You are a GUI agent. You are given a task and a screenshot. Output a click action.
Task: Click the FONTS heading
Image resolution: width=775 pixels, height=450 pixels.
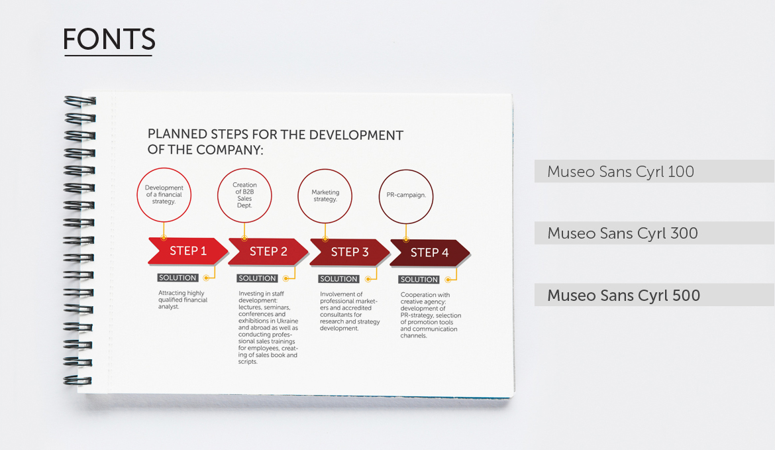(x=109, y=39)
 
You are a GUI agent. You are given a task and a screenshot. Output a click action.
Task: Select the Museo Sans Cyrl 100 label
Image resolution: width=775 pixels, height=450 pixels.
(x=620, y=172)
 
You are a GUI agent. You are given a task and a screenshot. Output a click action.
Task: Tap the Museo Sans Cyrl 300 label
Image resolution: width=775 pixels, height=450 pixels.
(x=622, y=233)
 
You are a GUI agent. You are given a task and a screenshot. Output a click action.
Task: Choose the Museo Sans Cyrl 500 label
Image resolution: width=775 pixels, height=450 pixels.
(x=623, y=295)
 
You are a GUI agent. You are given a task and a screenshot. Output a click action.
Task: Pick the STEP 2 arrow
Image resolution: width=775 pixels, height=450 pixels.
(x=268, y=252)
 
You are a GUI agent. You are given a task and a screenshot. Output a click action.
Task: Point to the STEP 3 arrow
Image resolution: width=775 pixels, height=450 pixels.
(x=350, y=253)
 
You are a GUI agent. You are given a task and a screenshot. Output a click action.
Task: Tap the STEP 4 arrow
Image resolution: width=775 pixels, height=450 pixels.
(x=429, y=253)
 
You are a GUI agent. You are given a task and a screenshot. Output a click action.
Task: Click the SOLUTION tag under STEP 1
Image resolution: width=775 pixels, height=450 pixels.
(x=178, y=278)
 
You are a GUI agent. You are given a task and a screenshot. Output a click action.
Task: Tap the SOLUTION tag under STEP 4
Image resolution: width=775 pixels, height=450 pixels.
(x=419, y=280)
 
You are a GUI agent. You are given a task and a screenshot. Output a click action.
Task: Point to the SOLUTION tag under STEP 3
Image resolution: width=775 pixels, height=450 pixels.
(x=338, y=279)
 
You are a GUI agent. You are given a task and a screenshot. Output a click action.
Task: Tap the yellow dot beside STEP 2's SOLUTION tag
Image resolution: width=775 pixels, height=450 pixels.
(x=285, y=278)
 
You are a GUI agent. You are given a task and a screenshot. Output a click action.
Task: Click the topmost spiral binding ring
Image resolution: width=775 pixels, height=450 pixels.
(x=80, y=101)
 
